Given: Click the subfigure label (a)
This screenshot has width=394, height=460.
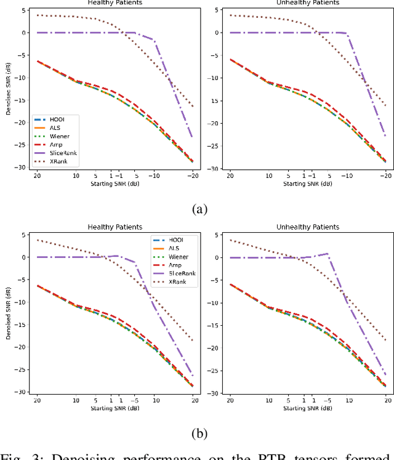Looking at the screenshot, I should [197, 209].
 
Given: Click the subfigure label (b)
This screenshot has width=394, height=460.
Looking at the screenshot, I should [197, 434].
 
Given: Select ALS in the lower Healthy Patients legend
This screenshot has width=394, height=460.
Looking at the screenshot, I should [168, 247].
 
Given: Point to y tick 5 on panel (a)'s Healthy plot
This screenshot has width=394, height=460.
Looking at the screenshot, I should [23, 10].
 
